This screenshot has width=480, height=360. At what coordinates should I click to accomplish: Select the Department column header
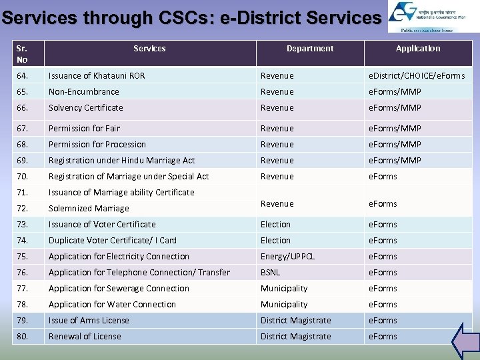coord(310,48)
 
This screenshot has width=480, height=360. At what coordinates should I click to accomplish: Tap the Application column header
coord(418,48)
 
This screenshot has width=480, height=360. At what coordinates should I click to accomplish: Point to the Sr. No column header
coord(23,53)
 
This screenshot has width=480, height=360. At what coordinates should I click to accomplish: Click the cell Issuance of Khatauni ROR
coord(97,75)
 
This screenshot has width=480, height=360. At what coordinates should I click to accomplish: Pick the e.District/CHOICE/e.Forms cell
coord(417,75)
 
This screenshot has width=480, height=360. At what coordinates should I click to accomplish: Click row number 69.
coord(23,160)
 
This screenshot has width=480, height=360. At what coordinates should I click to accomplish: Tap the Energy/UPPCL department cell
coord(287,256)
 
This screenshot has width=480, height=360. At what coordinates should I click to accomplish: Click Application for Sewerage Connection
coord(119,288)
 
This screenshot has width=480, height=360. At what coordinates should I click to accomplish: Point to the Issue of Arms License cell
coord(89,320)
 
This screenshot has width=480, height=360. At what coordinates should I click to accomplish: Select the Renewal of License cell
coord(85,336)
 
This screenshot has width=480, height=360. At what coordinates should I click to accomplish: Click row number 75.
coord(23,256)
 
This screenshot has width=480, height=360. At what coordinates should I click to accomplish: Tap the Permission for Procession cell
coord(97,144)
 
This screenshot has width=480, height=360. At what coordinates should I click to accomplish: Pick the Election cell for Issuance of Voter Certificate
coord(275,224)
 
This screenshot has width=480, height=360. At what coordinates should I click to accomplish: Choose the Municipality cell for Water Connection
coord(284,304)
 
